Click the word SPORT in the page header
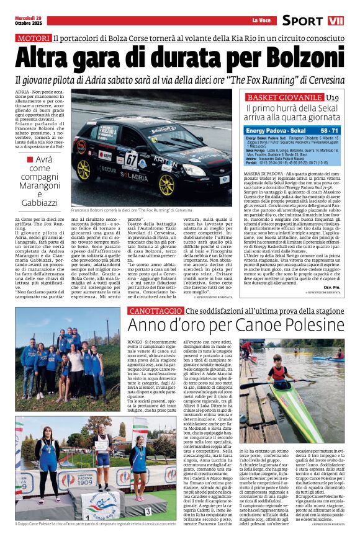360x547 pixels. pyautogui.click(x=303, y=20)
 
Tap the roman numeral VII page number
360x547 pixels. pyautogui.click(x=335, y=20)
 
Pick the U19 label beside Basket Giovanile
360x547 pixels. pyautogui.click(x=333, y=98)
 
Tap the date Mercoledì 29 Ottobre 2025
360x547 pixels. pyautogui.click(x=28, y=20)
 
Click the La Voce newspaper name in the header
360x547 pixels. pyautogui.click(x=260, y=21)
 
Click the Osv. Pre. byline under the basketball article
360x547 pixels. pyautogui.click(x=332, y=287)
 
